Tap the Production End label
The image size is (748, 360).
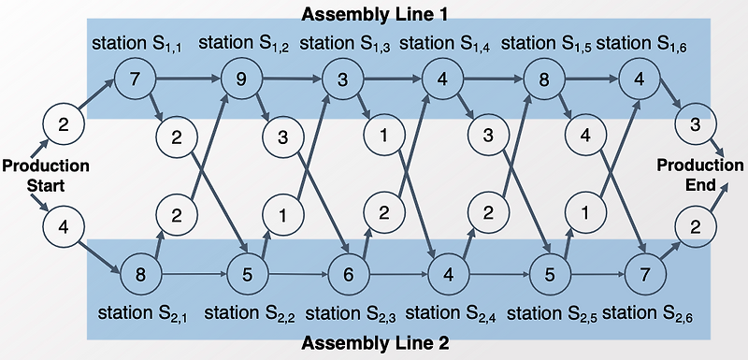[x=702, y=175]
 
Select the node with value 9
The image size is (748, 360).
[x=239, y=79]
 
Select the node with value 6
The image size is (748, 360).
[x=347, y=275]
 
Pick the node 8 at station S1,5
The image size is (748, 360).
[x=542, y=79]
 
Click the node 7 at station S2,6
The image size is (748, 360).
[x=644, y=275]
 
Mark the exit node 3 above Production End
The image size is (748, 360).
[x=695, y=124]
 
